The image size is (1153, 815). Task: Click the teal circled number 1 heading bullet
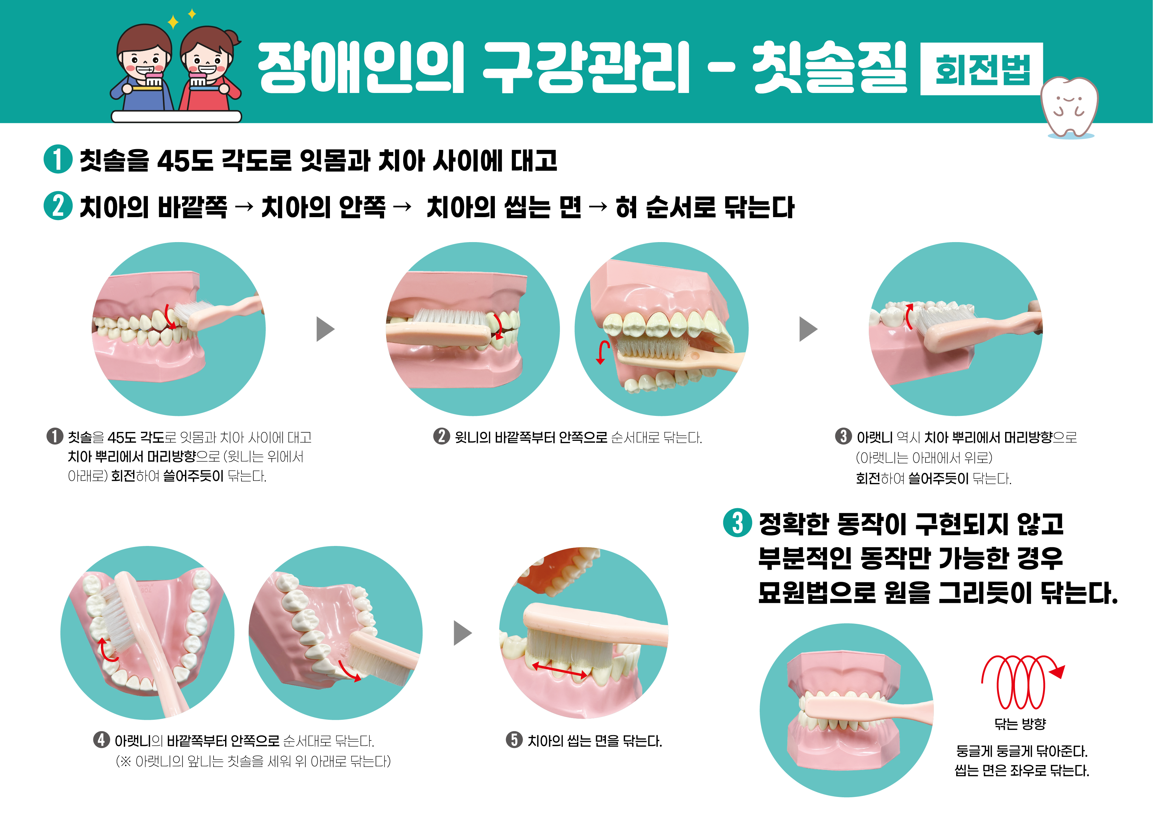click(x=58, y=160)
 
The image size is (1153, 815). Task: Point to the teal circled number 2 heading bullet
click(x=58, y=206)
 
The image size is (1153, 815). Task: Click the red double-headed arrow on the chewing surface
click(x=560, y=670)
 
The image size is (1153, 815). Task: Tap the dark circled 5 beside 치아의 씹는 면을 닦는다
click(x=514, y=740)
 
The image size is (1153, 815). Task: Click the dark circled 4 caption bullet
click(x=102, y=740)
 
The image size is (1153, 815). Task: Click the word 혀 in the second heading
click(x=626, y=207)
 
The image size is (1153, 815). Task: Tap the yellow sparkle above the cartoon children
click(x=173, y=22)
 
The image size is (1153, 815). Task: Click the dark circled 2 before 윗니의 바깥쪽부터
click(x=441, y=436)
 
